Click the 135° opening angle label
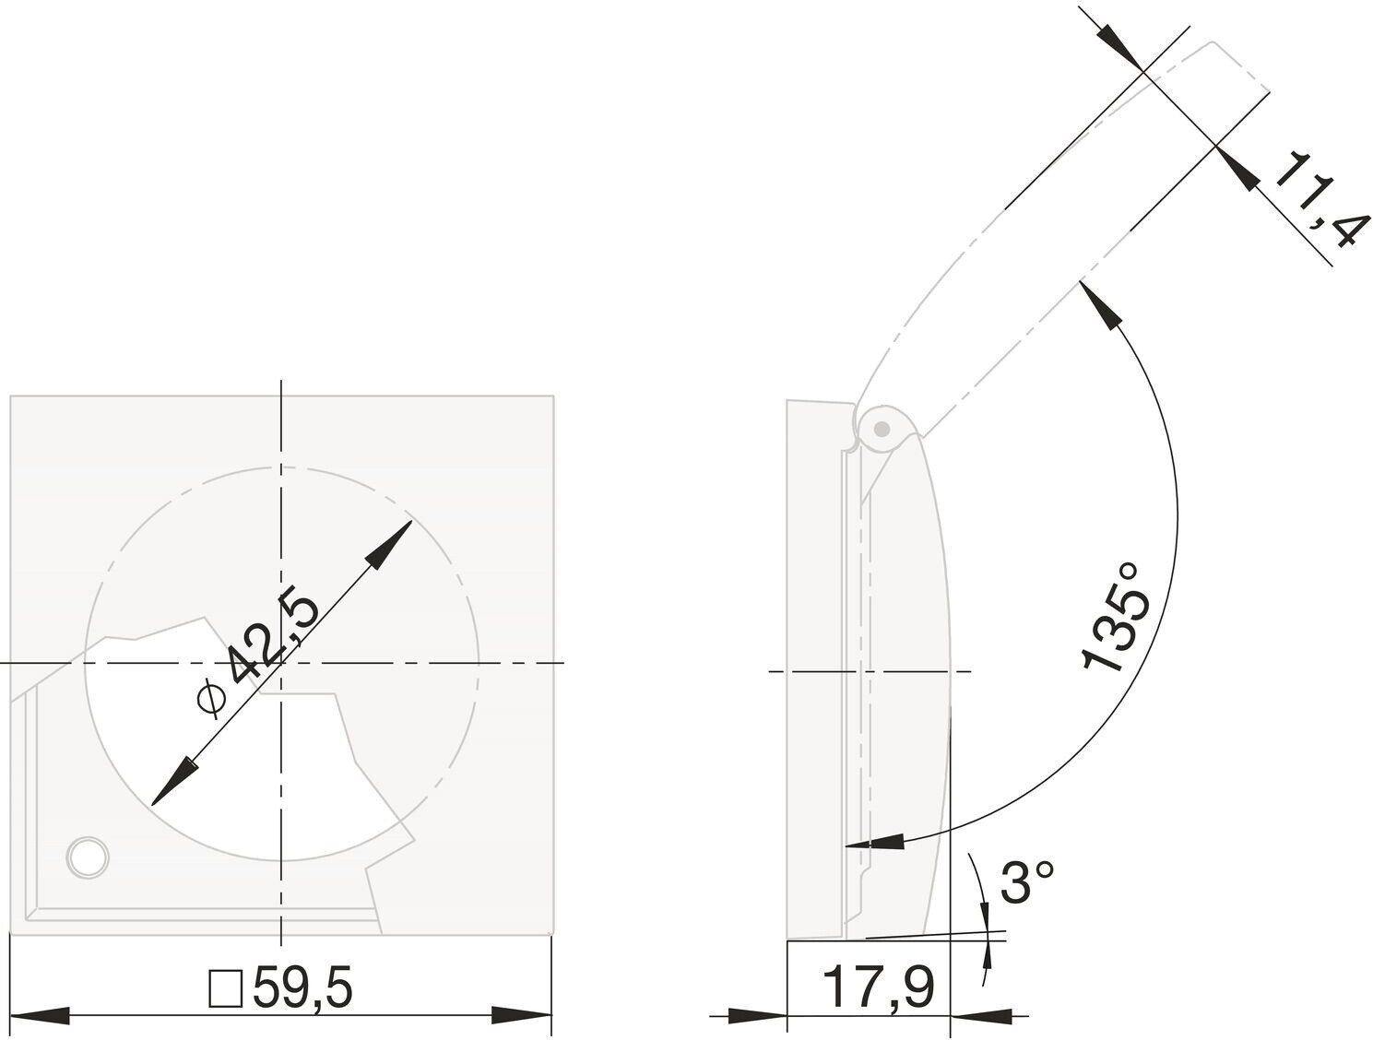click(1118, 617)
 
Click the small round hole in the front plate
click(89, 857)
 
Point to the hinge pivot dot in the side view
click(882, 429)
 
